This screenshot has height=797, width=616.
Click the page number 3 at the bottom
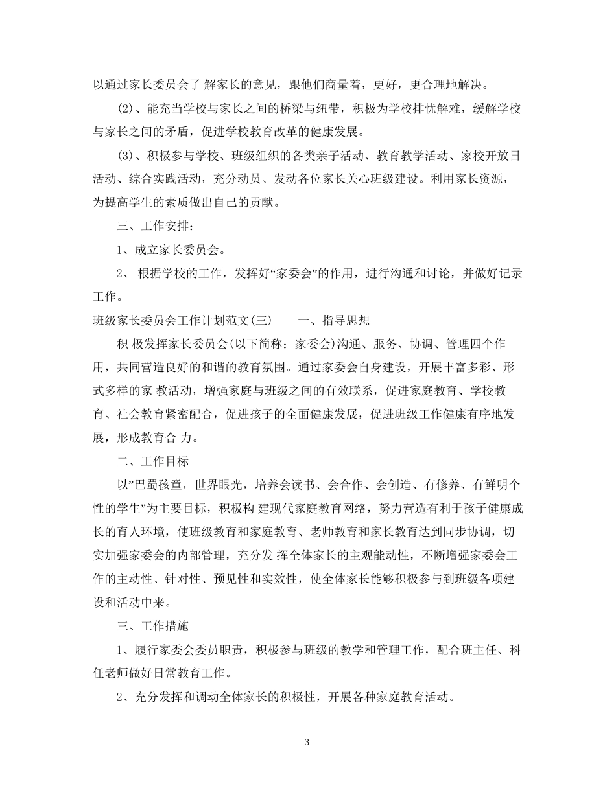(307, 742)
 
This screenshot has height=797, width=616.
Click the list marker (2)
(124, 108)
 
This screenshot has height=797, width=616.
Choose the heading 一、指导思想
(333, 319)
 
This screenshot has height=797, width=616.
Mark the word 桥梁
(285, 108)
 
